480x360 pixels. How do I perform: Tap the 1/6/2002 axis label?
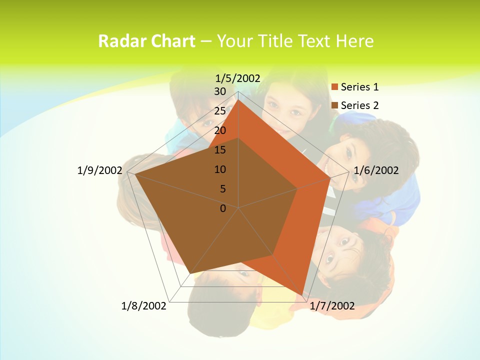click(x=376, y=170)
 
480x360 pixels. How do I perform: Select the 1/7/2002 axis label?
click(x=332, y=306)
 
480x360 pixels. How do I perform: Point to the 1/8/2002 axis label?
click(x=144, y=306)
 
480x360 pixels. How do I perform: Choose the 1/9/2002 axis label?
click(x=99, y=170)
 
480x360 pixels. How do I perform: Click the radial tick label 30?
click(x=220, y=91)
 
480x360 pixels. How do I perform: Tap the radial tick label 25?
click(x=220, y=111)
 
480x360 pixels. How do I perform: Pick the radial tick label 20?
click(x=220, y=130)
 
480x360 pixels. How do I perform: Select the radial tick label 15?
click(x=220, y=150)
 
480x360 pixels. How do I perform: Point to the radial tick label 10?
click(x=220, y=169)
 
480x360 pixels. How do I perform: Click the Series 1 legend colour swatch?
click(x=335, y=87)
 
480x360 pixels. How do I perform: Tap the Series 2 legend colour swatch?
click(x=335, y=105)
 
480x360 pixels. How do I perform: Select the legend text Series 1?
click(x=359, y=87)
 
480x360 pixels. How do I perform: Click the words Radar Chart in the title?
click(x=146, y=41)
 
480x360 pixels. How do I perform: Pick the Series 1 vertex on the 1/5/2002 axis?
click(x=238, y=99)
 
